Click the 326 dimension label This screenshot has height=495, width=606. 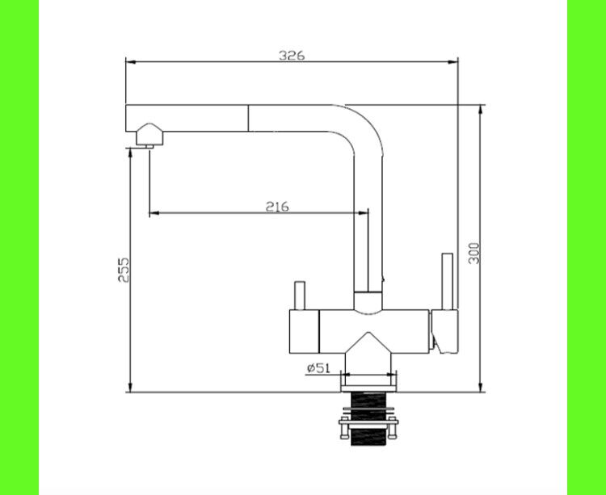[292, 56]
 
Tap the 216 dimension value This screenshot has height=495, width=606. [277, 207]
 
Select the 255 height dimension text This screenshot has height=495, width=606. [124, 270]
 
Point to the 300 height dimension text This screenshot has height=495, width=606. [473, 254]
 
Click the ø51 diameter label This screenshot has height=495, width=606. [319, 368]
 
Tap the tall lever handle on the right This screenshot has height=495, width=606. [448, 282]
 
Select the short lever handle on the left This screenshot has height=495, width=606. [300, 296]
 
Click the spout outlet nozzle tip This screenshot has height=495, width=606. [149, 146]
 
